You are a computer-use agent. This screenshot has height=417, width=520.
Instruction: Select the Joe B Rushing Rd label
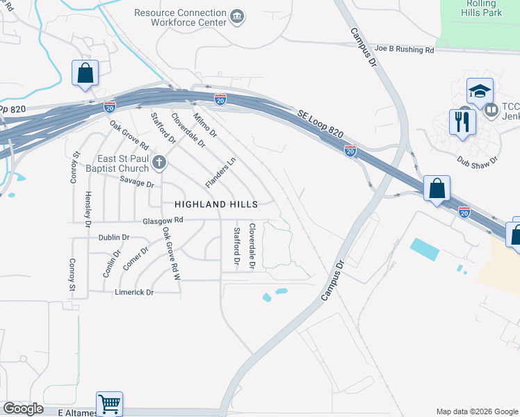[x=404, y=50]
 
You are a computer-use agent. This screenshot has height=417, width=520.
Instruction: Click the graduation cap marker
[x=480, y=91]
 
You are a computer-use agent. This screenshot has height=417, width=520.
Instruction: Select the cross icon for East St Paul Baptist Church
[x=159, y=163]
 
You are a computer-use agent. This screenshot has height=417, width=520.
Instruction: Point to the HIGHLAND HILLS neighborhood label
[x=216, y=204]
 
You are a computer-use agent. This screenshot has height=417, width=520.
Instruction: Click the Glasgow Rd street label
[x=163, y=220]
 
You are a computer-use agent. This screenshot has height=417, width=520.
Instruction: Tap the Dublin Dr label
[x=114, y=237]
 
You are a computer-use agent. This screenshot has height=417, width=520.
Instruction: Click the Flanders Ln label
[x=221, y=172]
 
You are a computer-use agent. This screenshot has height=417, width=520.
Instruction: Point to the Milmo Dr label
[x=205, y=124]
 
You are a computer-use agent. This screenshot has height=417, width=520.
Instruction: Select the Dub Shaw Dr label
[x=478, y=159]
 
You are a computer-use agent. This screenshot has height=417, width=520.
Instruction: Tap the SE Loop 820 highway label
[x=320, y=123]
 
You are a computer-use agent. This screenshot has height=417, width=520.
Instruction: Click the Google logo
[x=23, y=409]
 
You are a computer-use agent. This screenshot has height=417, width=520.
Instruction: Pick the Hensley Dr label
[x=88, y=209]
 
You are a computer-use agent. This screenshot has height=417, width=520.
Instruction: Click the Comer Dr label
[x=136, y=261]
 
